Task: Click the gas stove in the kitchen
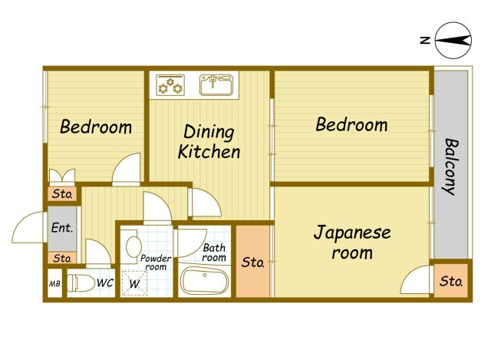point(170,85)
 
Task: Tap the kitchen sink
point(216,84)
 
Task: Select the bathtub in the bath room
point(205,281)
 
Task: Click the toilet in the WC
point(81,283)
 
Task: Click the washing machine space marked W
point(134,283)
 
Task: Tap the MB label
point(54,284)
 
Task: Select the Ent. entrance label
point(62,227)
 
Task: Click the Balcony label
point(450,167)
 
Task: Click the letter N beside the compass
point(425,41)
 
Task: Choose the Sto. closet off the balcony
point(450,281)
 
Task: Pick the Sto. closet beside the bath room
point(252,261)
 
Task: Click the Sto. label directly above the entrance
point(63,194)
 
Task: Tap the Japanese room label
point(352,243)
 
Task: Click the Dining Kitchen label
point(209,141)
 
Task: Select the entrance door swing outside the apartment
point(28,227)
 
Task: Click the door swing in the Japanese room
point(416,279)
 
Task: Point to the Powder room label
point(156,263)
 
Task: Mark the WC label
point(105,283)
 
